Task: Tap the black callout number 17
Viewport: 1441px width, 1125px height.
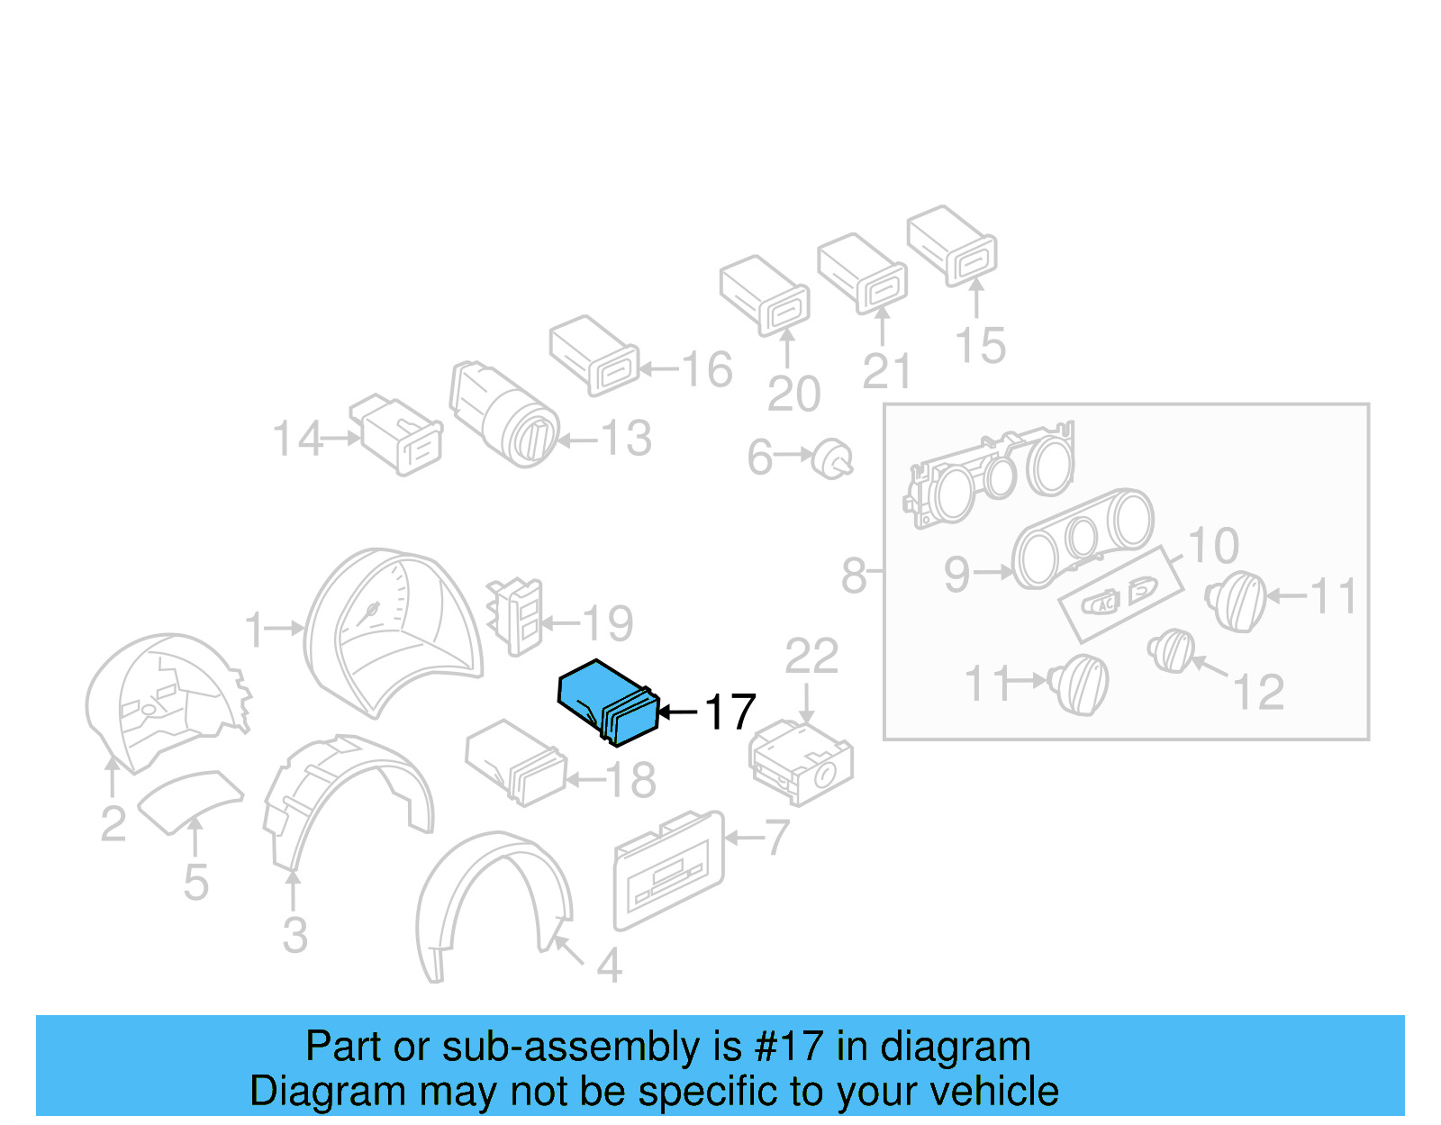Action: pyautogui.click(x=730, y=712)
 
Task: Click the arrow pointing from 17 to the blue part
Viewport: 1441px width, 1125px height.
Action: pyautogui.click(x=677, y=712)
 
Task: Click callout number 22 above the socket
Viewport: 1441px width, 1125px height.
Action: pyautogui.click(x=811, y=656)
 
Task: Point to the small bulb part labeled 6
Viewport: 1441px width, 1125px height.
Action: pyautogui.click(x=832, y=459)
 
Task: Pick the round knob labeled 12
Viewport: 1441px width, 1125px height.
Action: pyautogui.click(x=1172, y=650)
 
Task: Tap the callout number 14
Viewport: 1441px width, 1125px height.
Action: pyautogui.click(x=297, y=439)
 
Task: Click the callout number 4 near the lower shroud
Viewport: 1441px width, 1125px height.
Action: pyautogui.click(x=609, y=966)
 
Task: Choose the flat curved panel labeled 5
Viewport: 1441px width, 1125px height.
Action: pyautogui.click(x=189, y=799)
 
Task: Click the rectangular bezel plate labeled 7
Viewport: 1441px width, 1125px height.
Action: pyautogui.click(x=668, y=869)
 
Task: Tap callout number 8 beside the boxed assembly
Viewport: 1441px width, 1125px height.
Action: pyautogui.click(x=852, y=576)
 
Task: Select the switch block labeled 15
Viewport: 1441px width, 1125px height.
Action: pyautogui.click(x=951, y=244)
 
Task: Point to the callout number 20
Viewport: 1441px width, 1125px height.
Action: pyautogui.click(x=793, y=394)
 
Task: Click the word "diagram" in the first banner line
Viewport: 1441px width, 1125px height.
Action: pyautogui.click(x=956, y=1047)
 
